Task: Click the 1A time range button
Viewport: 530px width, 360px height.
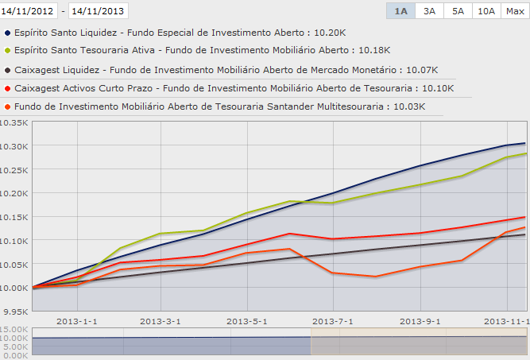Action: click(400, 11)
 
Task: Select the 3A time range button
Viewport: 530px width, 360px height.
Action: click(429, 11)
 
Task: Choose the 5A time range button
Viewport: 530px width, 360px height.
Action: click(458, 11)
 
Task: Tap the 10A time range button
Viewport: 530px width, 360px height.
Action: click(485, 11)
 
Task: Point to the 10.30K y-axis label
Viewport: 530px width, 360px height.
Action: click(14, 146)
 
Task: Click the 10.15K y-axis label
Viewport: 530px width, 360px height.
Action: click(14, 217)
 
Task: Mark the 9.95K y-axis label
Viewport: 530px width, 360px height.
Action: click(14, 312)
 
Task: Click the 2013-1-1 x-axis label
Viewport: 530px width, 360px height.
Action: click(74, 321)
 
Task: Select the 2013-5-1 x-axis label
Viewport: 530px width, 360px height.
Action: click(249, 321)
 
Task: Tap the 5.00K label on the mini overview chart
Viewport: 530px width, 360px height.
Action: click(15, 346)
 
